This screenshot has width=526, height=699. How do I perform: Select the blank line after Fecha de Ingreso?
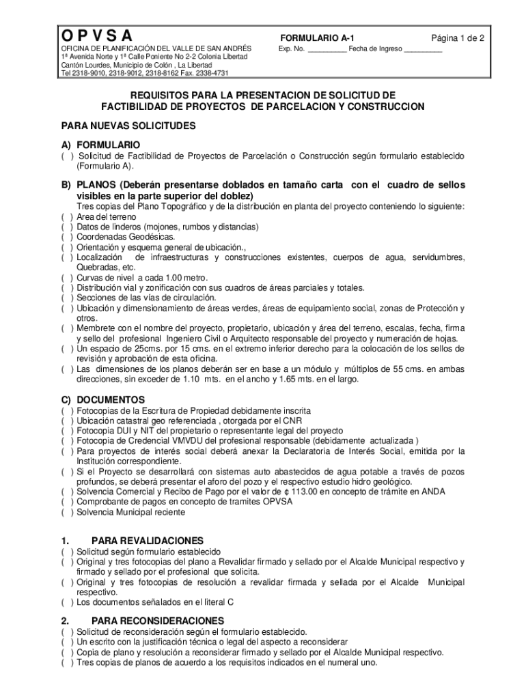(423, 50)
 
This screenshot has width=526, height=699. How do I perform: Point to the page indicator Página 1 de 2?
(457, 38)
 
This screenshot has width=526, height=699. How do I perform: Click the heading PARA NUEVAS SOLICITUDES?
(128, 126)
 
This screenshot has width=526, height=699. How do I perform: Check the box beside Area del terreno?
(68, 217)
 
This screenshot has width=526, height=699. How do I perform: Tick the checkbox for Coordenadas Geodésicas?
(68, 237)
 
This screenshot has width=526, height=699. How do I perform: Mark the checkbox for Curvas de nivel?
(68, 278)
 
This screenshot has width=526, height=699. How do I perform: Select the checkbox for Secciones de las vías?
(68, 298)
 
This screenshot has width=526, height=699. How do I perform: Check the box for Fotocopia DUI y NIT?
(68, 431)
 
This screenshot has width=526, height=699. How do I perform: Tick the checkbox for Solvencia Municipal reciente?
(68, 512)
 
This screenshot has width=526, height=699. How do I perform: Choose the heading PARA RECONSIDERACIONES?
(157, 620)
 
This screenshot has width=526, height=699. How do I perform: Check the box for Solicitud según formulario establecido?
(68, 552)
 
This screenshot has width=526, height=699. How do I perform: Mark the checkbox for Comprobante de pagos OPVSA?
(68, 502)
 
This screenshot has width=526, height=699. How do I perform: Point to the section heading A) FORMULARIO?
(101, 145)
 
